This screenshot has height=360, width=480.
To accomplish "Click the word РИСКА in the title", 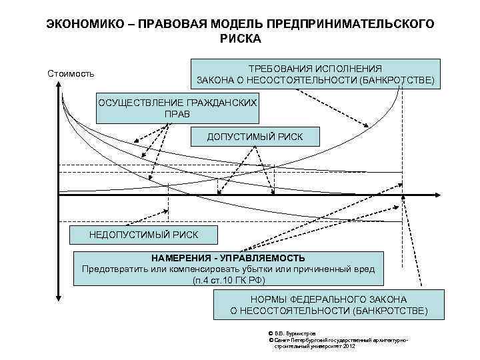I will pyautogui.click(x=240, y=38).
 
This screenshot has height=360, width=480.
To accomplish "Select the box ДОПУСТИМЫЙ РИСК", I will pyautogui.click(x=254, y=137).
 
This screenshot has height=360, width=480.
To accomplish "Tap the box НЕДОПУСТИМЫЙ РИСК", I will pyautogui.click(x=143, y=235).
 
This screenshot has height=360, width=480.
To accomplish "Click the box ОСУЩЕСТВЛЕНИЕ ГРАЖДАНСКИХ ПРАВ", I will pyautogui.click(x=177, y=107).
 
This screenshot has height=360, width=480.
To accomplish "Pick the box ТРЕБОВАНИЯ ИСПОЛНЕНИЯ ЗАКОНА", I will pyautogui.click(x=315, y=74).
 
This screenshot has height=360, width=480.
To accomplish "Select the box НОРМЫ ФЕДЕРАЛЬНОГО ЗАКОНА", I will pyautogui.click(x=328, y=305).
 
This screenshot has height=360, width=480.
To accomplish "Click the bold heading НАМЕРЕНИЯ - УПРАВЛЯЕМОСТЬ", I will pyautogui.click(x=228, y=257).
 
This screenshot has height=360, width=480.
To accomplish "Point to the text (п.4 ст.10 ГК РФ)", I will pyautogui.click(x=228, y=280).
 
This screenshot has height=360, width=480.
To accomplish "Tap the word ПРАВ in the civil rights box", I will pyautogui.click(x=177, y=114).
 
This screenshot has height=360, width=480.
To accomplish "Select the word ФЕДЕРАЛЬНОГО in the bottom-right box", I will pyautogui.click(x=327, y=299).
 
